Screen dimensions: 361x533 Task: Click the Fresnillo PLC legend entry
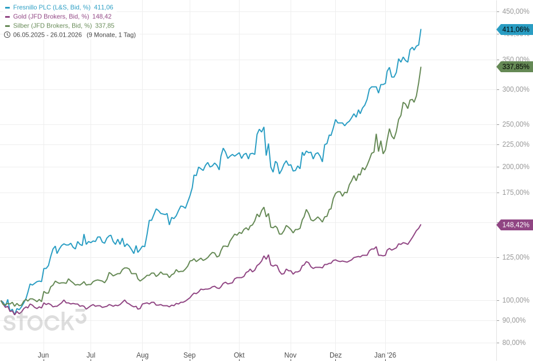pyautogui.click(x=52, y=7)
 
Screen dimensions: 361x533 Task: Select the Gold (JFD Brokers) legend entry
pyautogui.click(x=50, y=17)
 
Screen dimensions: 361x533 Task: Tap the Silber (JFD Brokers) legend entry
pyautogui.click(x=52, y=26)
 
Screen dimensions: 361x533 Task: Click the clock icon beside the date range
pyautogui.click(x=7, y=35)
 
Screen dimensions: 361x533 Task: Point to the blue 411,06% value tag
pyautogui.click(x=515, y=30)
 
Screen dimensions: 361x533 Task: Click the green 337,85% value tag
pyautogui.click(x=515, y=67)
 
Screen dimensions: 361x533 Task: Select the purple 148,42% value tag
pyautogui.click(x=515, y=225)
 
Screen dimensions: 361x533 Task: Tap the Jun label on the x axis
pyautogui.click(x=44, y=355)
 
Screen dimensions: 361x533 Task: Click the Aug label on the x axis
pyautogui.click(x=142, y=355)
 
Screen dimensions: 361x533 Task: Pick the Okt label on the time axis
pyautogui.click(x=239, y=355)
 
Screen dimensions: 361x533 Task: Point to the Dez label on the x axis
pyautogui.click(x=335, y=355)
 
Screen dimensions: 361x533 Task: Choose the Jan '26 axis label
pyautogui.click(x=385, y=355)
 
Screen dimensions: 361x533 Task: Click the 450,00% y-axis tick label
pyautogui.click(x=516, y=11)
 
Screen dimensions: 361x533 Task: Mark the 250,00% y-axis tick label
pyautogui.click(x=516, y=124)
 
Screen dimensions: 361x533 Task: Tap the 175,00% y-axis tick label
pyautogui.click(x=516, y=193)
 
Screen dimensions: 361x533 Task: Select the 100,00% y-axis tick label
pyautogui.click(x=516, y=300)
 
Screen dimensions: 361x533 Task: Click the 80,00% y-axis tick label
pyautogui.click(x=514, y=343)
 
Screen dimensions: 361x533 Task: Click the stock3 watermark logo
pyautogui.click(x=44, y=321)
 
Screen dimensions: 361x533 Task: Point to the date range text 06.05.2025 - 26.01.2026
pyautogui.click(x=48, y=35)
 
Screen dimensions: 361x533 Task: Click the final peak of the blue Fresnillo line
pyautogui.click(x=421, y=30)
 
